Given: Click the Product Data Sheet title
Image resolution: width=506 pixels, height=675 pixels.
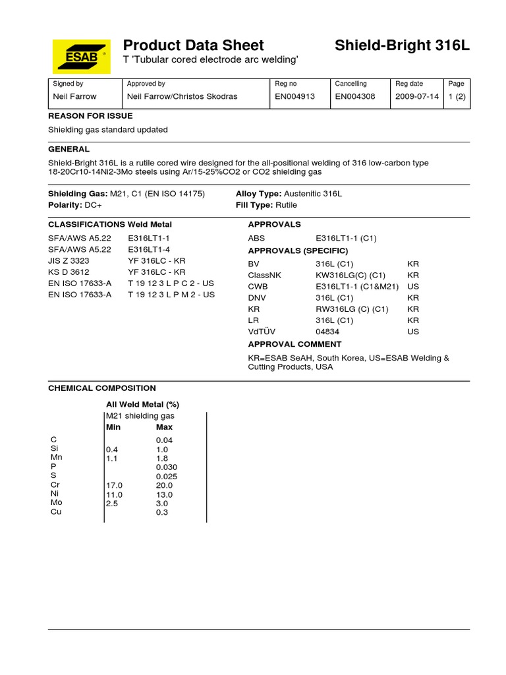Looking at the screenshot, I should click(x=193, y=45).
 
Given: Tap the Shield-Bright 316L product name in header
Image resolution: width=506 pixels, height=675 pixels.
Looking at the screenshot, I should click(x=402, y=45).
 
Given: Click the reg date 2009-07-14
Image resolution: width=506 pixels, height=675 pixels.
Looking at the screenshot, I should click(x=417, y=96).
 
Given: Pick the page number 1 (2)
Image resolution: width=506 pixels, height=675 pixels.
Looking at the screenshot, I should click(x=457, y=96).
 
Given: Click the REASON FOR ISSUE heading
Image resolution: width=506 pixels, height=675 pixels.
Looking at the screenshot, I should click(x=90, y=116).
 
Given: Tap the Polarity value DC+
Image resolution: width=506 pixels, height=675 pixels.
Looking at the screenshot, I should click(x=93, y=205).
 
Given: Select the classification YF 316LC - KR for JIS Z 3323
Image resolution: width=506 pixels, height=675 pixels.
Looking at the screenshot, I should click(x=156, y=261).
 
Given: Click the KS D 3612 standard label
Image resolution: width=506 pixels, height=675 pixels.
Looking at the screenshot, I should click(x=69, y=272).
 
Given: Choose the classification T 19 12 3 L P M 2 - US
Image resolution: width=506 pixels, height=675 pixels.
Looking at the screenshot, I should click(x=171, y=295).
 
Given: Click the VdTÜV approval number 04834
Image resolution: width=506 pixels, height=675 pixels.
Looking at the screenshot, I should click(x=327, y=332).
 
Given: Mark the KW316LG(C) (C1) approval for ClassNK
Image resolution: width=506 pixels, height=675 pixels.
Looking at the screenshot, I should click(x=351, y=276).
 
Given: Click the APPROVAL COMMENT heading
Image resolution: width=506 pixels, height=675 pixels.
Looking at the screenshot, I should click(x=295, y=344).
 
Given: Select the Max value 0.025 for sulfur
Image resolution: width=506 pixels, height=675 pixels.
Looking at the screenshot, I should click(x=167, y=477).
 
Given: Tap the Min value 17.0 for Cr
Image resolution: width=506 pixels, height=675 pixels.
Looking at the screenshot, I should click(x=115, y=485).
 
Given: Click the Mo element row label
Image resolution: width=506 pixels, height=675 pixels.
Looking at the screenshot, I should click(x=55, y=502).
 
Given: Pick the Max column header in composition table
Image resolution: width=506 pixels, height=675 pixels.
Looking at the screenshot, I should click(x=164, y=427).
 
